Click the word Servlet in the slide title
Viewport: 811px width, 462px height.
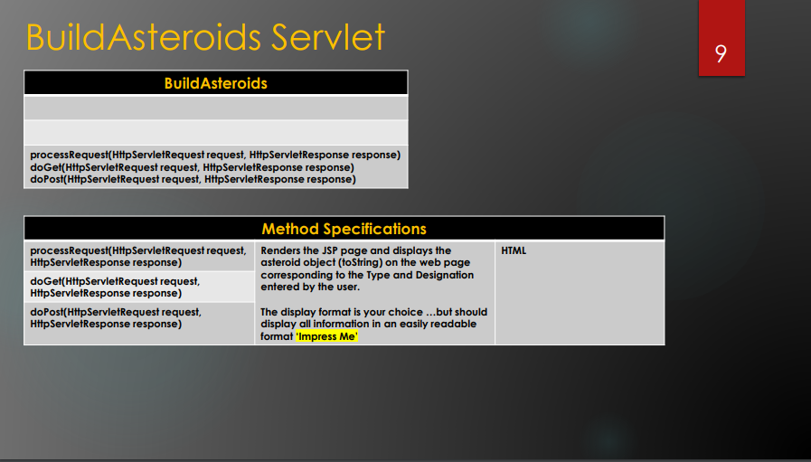(328, 37)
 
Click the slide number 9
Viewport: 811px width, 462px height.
(721, 53)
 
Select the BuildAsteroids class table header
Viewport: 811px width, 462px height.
(216, 83)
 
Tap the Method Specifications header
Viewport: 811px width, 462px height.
(344, 229)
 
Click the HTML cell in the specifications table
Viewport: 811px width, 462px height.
(514, 250)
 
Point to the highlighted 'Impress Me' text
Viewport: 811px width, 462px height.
(327, 336)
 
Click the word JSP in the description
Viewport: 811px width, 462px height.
(330, 250)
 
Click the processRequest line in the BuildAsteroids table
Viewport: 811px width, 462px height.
(215, 155)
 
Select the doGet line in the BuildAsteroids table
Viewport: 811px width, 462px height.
(192, 167)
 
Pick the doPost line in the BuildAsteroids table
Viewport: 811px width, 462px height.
(193, 179)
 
